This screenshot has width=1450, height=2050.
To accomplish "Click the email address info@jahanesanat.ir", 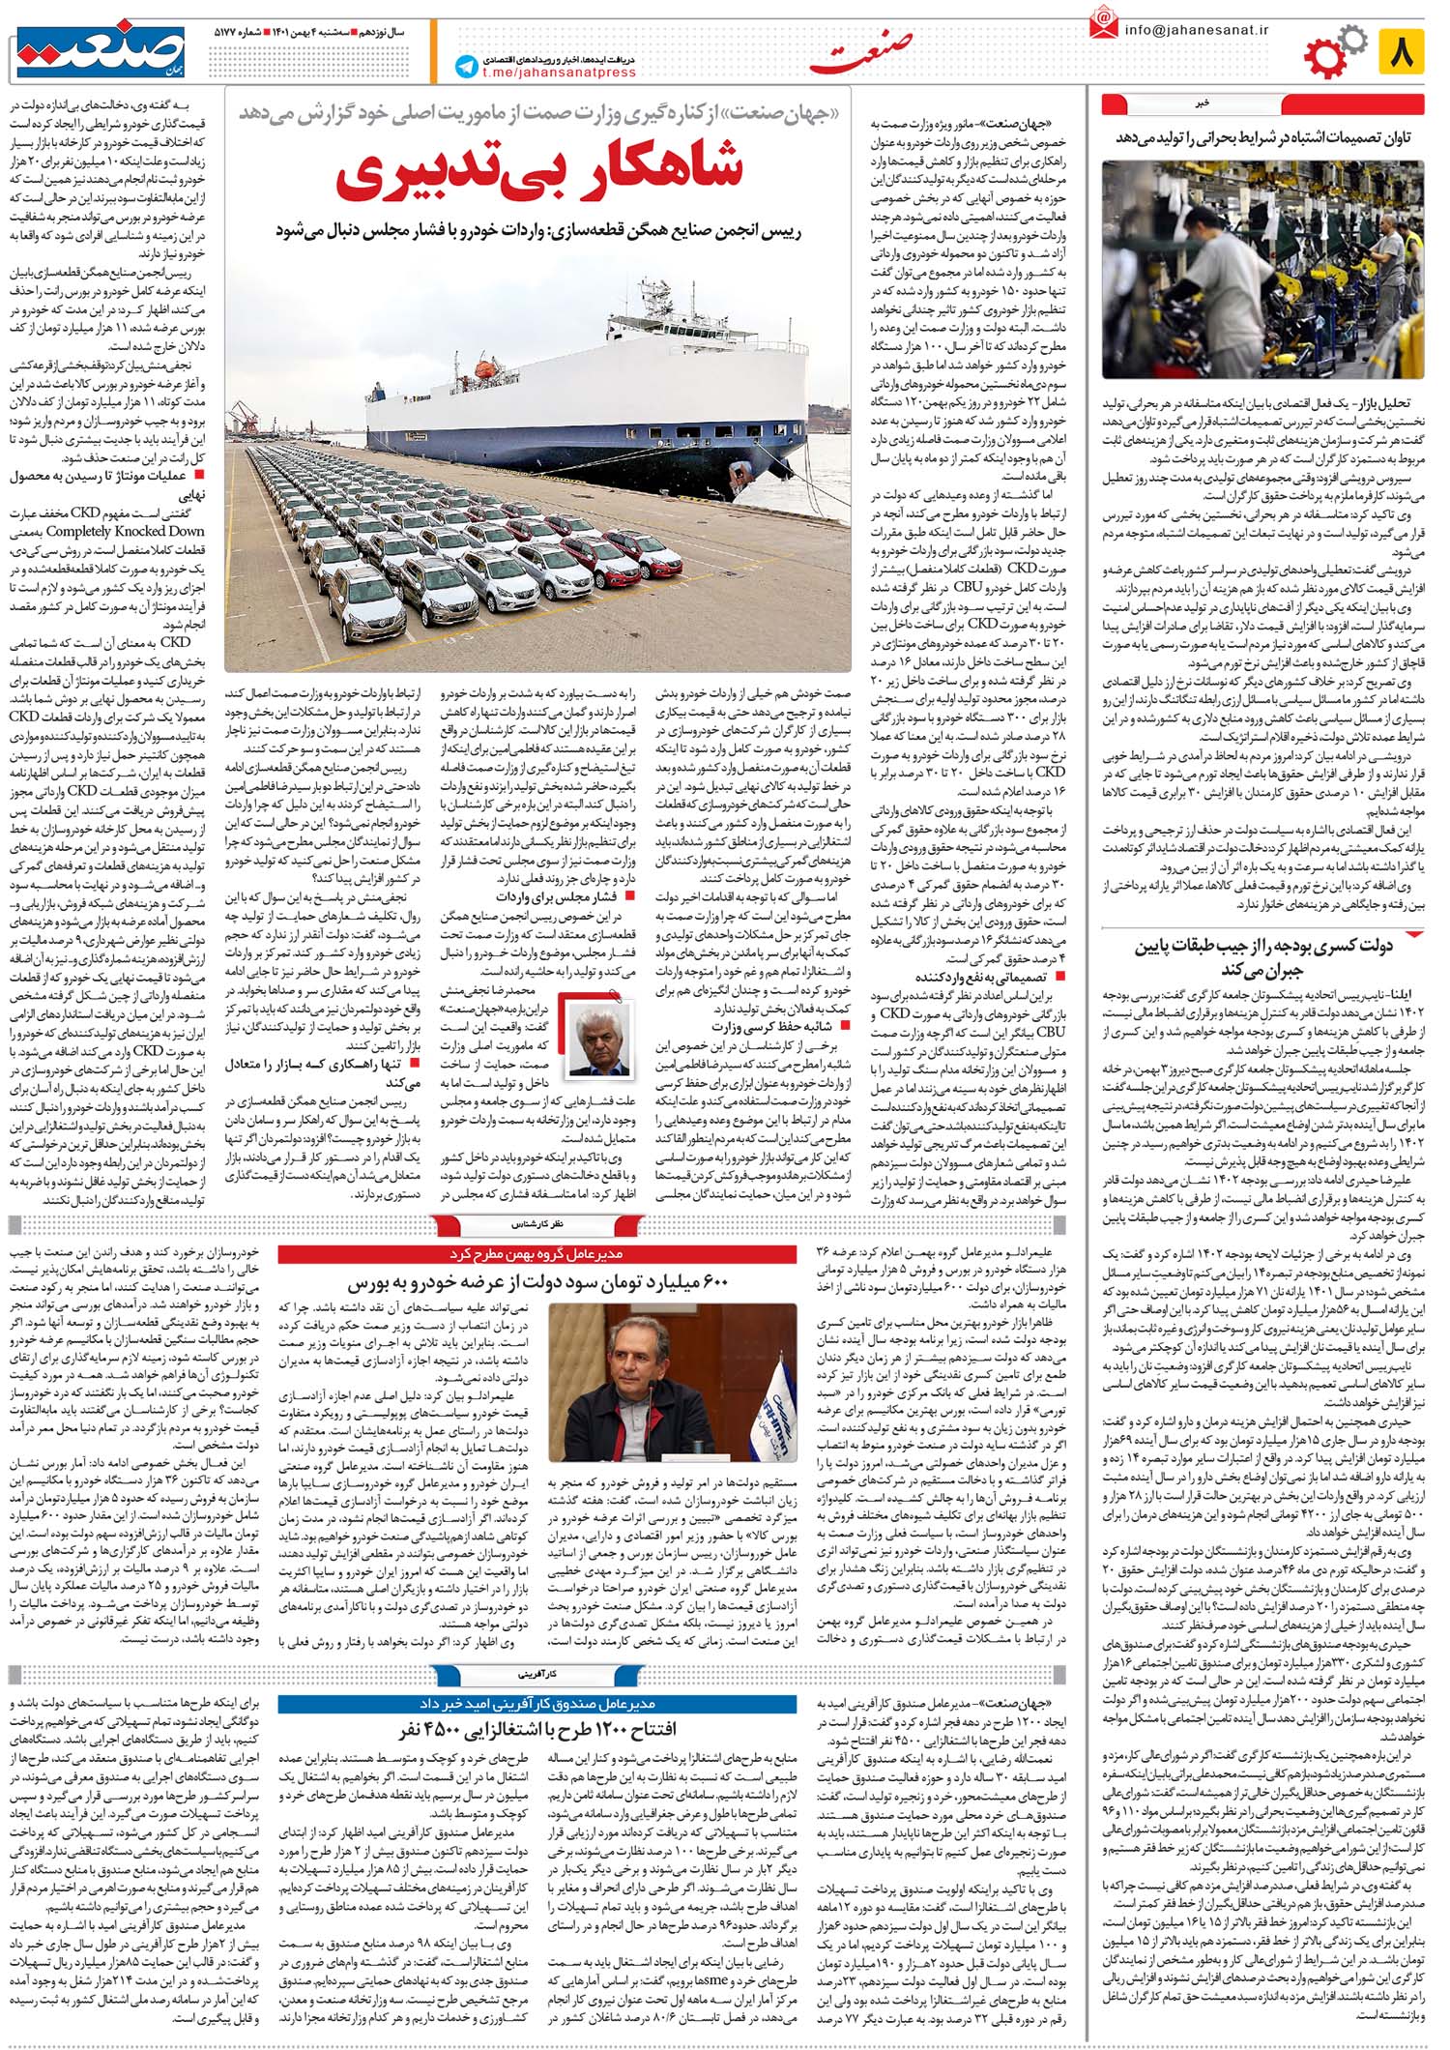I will point(1195,29).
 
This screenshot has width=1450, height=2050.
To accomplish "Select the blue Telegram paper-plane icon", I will point(466,66).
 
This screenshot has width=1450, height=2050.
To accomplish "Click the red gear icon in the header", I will point(1323,56).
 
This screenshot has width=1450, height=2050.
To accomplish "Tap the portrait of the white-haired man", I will point(600,1039).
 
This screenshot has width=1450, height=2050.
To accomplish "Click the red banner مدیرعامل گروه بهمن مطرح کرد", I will point(537,1254).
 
